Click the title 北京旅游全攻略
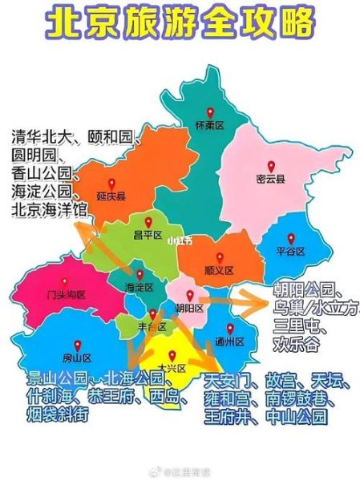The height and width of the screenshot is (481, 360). [180, 24]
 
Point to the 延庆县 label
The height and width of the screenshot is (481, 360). [111, 195]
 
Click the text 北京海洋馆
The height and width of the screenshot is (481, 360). [49, 209]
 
